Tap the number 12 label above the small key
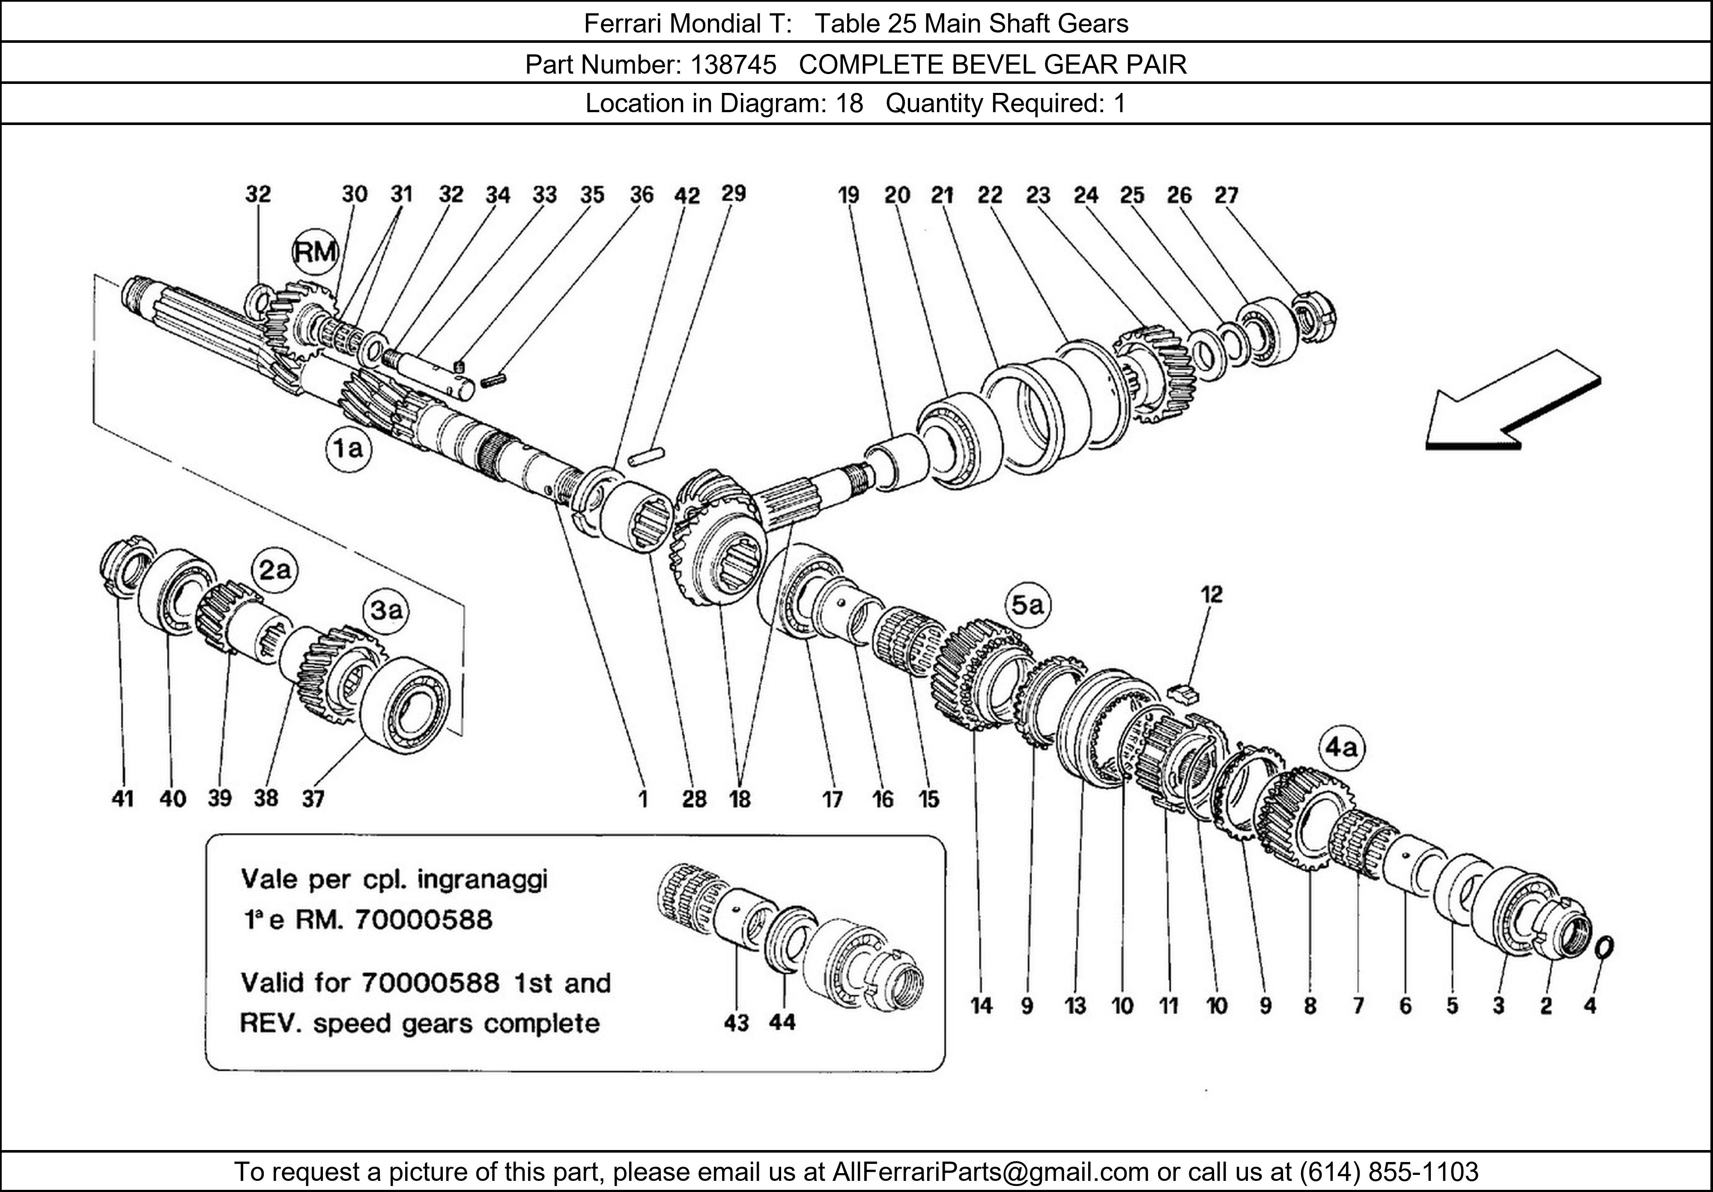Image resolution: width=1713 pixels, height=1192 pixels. [1212, 595]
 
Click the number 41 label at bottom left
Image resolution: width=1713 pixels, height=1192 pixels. [122, 799]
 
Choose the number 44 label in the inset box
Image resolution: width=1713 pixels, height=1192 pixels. [782, 1023]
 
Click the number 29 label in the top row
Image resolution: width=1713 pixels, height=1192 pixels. [734, 194]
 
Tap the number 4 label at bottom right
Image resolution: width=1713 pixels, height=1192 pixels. [1590, 1006]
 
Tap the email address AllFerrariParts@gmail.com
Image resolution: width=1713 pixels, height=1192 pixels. [990, 1172]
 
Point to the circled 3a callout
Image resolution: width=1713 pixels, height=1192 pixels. [386, 611]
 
